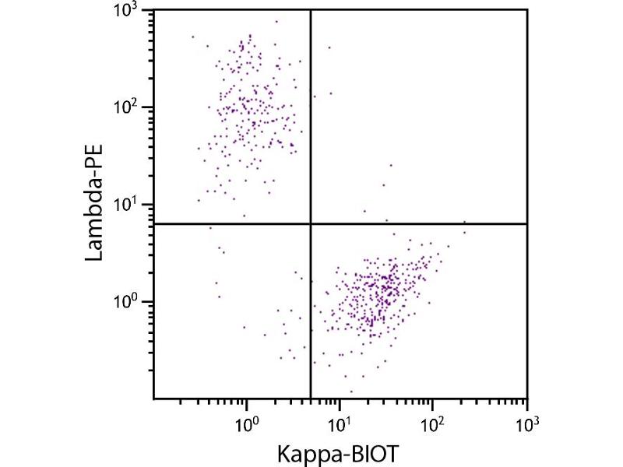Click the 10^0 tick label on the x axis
(246, 425)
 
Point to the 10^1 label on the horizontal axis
(340, 425)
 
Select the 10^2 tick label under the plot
(433, 425)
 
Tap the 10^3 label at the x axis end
(526, 425)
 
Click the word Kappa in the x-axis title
(315, 452)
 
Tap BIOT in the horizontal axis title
(379, 451)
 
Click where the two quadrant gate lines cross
(311, 223)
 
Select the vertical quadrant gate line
(311, 117)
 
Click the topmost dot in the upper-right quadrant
(329, 47)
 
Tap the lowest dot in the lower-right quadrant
(351, 392)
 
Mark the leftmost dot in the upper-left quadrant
(193, 37)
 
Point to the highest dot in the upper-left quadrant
(250, 34)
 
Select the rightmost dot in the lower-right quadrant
(464, 222)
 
